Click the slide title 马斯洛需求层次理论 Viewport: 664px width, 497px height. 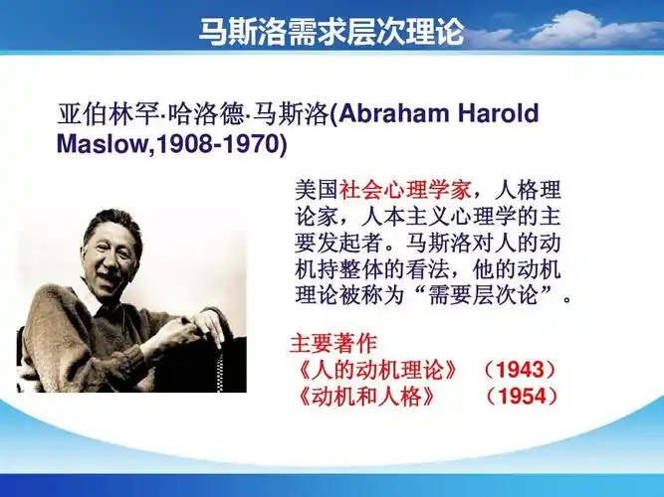(x=332, y=30)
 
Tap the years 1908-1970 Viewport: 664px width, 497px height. (x=216, y=145)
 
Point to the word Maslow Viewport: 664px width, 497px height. (x=96, y=145)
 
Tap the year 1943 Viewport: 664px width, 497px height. (x=519, y=371)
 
